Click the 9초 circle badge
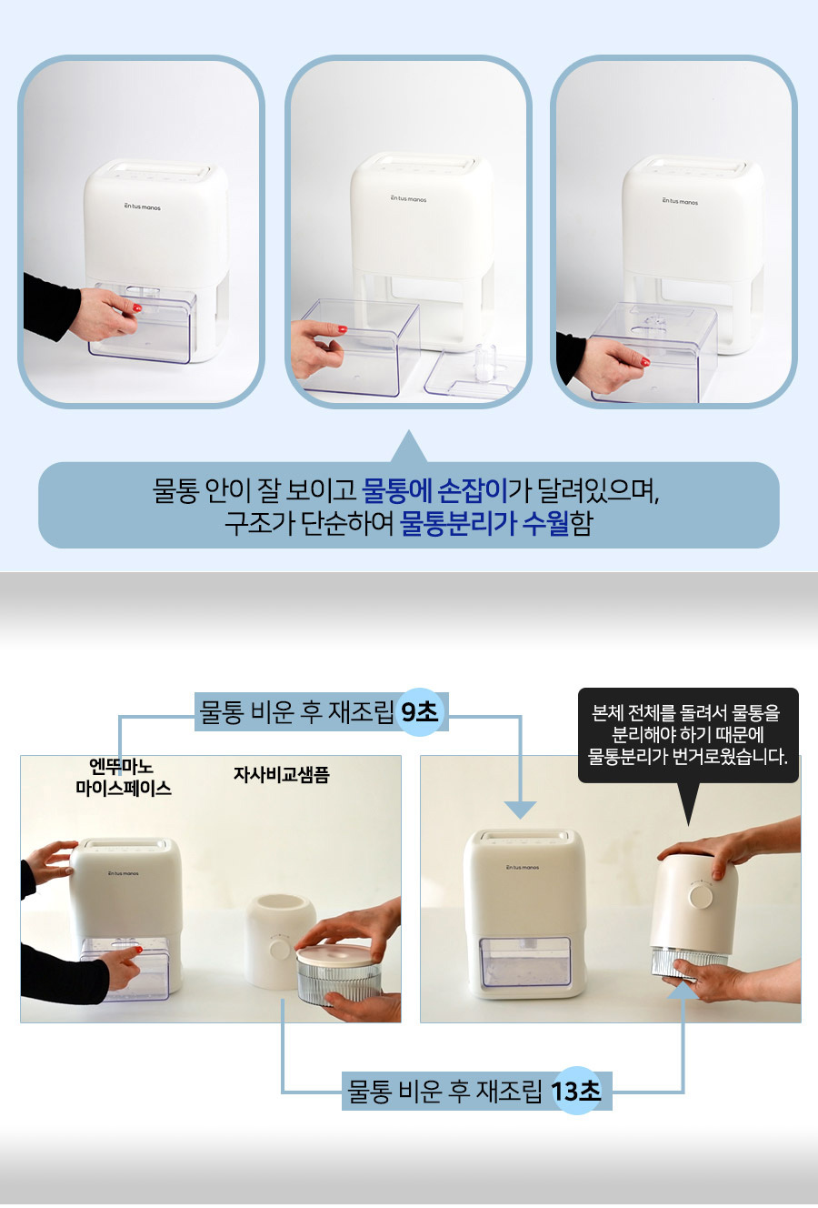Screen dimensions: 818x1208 [x=420, y=712]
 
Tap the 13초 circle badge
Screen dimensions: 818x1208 [x=576, y=1091]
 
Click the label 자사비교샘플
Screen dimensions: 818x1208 [x=281, y=774]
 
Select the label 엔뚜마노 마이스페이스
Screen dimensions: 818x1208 [x=124, y=777]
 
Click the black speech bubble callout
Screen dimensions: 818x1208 [x=688, y=734]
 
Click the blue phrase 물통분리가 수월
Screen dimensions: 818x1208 [x=484, y=523]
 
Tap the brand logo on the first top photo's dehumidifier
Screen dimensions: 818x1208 [x=143, y=206]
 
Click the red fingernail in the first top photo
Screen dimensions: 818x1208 [x=137, y=308]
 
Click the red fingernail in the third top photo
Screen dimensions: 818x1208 [x=645, y=361]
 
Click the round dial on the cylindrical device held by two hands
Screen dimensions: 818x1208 [x=701, y=896]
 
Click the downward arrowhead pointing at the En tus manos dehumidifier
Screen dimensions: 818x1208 [x=521, y=810]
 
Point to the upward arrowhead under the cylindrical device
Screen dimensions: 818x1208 [x=683, y=990]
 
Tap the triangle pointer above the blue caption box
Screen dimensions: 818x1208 [x=409, y=447]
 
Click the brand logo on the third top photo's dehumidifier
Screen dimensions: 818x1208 [x=680, y=201]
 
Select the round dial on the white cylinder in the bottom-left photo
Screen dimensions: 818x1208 [x=279, y=949]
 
